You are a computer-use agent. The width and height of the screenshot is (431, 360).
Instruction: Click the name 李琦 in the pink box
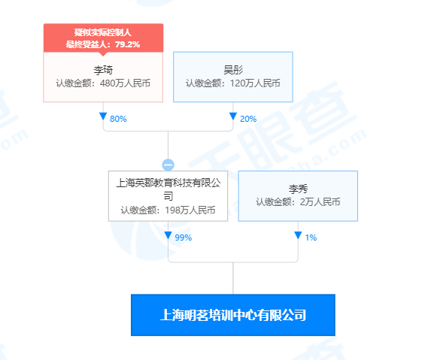[x=103, y=70]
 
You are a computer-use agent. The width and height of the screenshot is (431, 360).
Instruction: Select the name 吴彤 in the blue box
[x=233, y=70]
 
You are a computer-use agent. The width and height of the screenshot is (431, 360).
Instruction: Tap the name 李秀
[x=298, y=189]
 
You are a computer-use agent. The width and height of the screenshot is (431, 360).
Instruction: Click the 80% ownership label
[x=118, y=119]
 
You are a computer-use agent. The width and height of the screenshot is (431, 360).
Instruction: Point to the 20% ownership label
[x=248, y=119]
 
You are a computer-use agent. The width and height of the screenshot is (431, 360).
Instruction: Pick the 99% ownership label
[x=184, y=237]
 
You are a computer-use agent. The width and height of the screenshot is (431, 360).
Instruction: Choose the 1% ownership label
[x=311, y=237]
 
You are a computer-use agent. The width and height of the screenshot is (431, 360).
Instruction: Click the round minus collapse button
[x=168, y=165]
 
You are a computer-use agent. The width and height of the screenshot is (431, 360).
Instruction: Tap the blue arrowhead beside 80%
[x=103, y=116]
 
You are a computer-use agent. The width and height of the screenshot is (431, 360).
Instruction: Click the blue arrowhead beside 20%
[x=233, y=116]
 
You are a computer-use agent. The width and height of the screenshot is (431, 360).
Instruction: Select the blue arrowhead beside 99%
[x=168, y=235]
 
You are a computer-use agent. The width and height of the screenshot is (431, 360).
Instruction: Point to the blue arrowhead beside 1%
[x=298, y=235]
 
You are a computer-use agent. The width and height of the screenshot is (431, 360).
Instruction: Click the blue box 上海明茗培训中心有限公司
[x=233, y=315]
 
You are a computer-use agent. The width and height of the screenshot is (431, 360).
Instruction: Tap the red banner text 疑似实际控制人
[x=103, y=32]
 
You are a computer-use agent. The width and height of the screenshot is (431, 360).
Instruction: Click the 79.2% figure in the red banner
[x=128, y=44]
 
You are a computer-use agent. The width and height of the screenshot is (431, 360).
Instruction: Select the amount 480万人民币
[x=125, y=83]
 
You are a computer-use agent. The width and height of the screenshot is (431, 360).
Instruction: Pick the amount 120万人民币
[x=255, y=83]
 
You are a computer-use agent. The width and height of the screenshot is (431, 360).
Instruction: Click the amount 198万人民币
[x=190, y=210]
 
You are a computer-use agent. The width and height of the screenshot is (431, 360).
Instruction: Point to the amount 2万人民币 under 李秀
[x=320, y=202]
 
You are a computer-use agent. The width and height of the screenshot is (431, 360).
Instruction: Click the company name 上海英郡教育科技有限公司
[x=168, y=189]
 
